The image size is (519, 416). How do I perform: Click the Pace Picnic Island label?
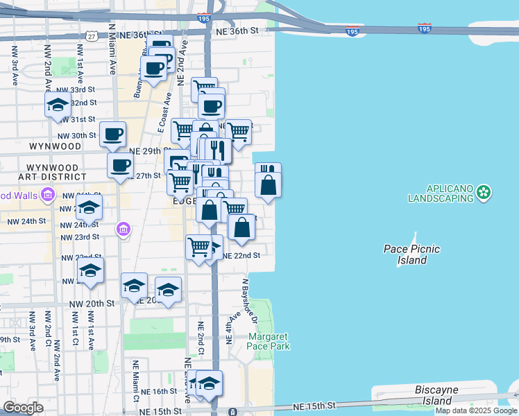pos(411,254)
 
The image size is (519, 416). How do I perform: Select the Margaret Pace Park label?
pos(269,341)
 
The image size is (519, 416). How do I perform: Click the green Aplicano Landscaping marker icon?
pos(484,192)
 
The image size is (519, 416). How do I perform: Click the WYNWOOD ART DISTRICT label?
pos(54,173)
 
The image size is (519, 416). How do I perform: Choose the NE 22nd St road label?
pos(241,255)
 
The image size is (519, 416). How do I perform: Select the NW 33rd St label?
pos(76,90)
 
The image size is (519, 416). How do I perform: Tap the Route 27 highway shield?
pos(92,35)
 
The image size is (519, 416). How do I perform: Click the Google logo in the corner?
pos(23,408)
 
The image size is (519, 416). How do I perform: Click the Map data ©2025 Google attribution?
pos(476,410)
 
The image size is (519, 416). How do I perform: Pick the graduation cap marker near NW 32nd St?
pos(58,106)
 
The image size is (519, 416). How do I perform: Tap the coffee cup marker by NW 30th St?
pos(112,134)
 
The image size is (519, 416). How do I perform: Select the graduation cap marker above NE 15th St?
pos(209,383)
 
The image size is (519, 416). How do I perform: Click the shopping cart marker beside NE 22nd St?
pos(198,247)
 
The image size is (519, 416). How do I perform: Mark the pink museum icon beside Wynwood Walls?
pos(47,195)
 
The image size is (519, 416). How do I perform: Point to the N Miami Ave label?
pos(111,49)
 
